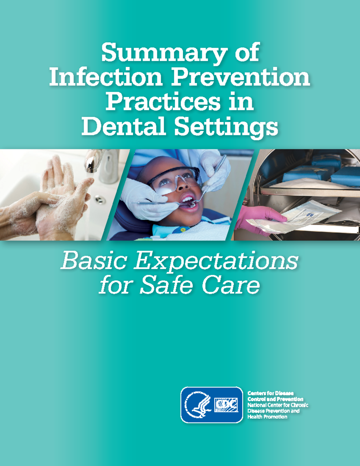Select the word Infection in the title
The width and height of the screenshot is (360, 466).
coord(106,77)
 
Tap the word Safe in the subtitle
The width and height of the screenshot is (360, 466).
coord(166,285)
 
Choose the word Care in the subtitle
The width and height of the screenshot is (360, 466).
coord(231,285)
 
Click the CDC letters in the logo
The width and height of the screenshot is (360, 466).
coord(226,405)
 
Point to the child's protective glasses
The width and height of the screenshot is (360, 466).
coord(177,180)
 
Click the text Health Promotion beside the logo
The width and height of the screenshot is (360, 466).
coord(267,417)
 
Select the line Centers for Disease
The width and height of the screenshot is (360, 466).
coord(270,393)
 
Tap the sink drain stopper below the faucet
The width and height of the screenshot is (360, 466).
coord(100,200)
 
